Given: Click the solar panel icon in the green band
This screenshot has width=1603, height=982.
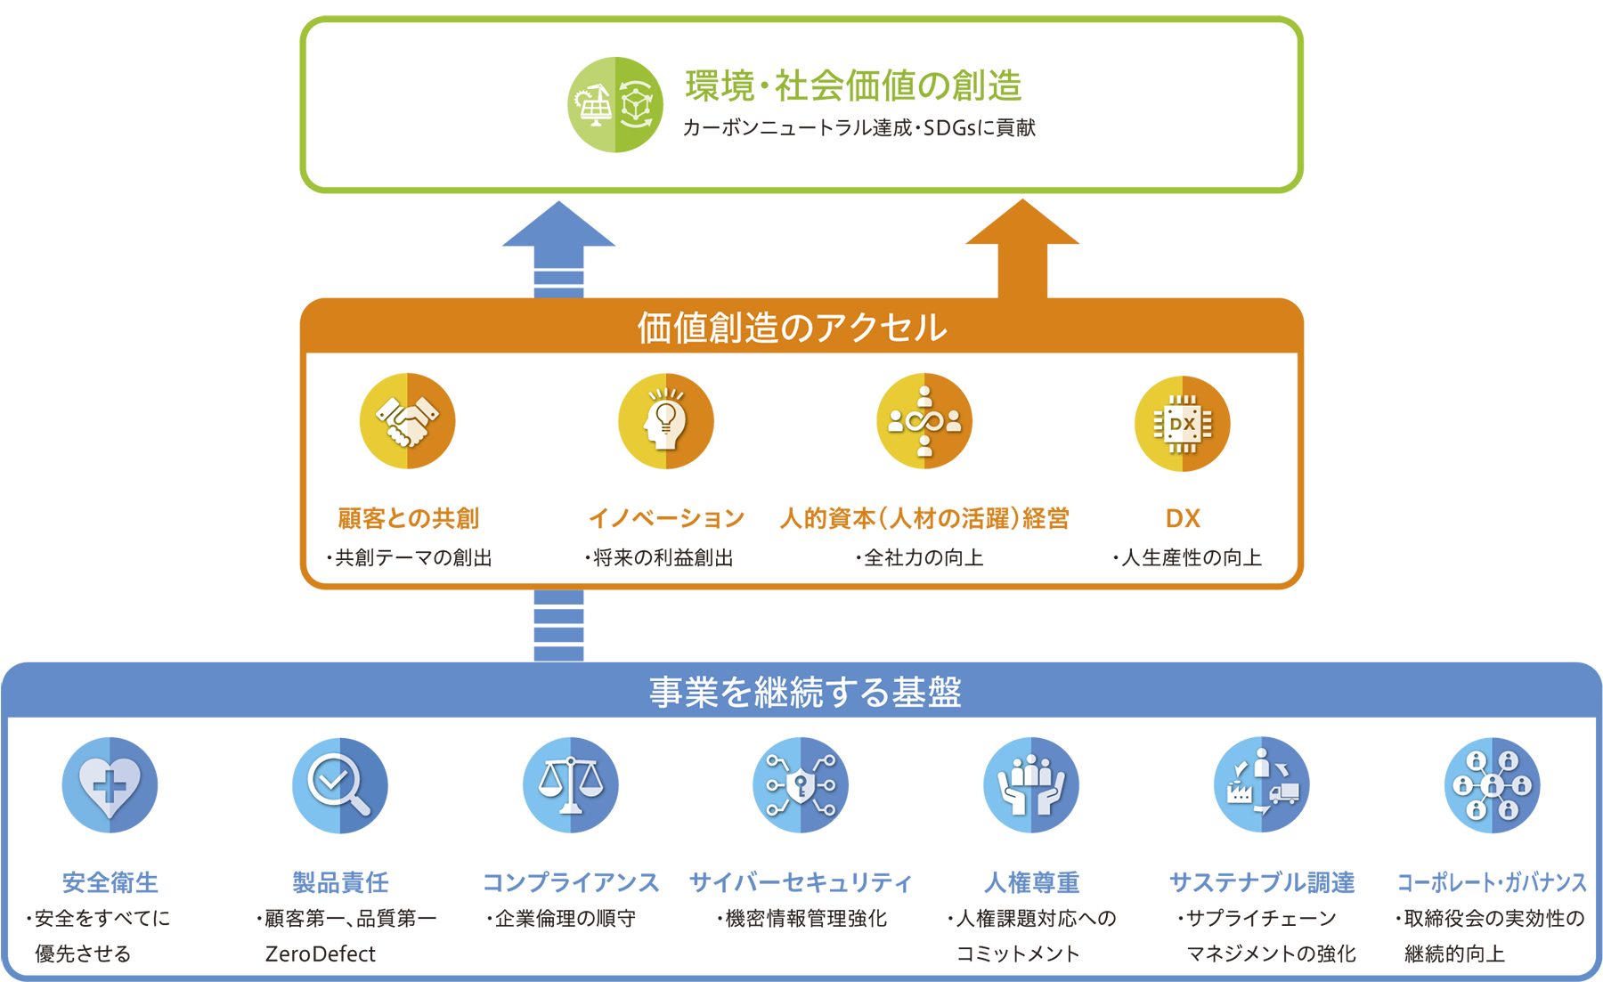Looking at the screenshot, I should tap(593, 106).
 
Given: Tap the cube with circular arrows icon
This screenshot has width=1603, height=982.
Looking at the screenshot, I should tap(636, 105).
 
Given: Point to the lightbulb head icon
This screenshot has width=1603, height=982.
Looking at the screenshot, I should tap(665, 418).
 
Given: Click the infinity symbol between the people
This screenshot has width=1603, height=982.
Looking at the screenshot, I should tap(924, 420).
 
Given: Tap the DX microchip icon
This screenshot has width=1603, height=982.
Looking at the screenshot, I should tap(1182, 424).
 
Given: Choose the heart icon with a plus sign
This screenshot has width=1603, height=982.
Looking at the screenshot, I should tap(110, 786).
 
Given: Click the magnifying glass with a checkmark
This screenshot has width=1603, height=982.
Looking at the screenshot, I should tap(338, 784).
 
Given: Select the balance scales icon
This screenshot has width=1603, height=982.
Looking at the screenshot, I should tap(571, 784).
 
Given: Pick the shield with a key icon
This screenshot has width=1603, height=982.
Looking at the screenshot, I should tap(801, 784).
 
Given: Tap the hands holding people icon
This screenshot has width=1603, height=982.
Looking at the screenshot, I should tap(1031, 784).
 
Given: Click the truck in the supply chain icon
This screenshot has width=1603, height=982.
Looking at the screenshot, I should tap(1283, 792).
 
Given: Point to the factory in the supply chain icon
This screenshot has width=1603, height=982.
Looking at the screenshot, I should tap(1239, 791).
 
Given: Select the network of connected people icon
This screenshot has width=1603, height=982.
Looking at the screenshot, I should tap(1492, 785).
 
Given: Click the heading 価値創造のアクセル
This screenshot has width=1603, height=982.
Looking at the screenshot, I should tap(792, 328).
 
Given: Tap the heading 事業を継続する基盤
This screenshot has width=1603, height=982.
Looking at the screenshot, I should tap(805, 693).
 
